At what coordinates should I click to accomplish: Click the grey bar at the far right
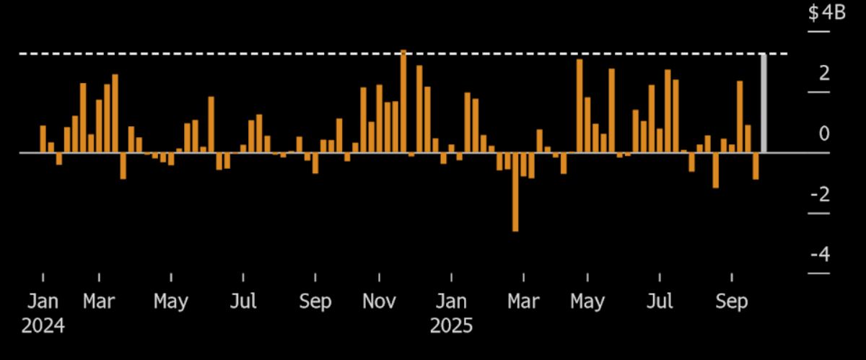click(764, 103)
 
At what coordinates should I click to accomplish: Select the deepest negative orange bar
click(515, 191)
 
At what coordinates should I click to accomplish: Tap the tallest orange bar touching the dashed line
click(403, 101)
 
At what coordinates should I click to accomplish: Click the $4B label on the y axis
click(826, 14)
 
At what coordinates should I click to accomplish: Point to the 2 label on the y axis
click(824, 74)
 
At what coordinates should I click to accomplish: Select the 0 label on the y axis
click(824, 134)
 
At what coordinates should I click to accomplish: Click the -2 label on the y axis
click(821, 195)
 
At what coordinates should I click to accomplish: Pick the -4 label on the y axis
click(821, 255)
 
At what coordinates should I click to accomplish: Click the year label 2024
click(43, 326)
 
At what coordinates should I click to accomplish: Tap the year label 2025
click(451, 326)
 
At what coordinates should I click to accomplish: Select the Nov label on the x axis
click(379, 301)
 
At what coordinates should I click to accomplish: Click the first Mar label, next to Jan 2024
click(99, 301)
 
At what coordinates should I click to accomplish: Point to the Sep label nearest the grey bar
click(732, 301)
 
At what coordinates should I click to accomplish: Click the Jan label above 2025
click(451, 301)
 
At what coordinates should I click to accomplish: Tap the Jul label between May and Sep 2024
click(244, 301)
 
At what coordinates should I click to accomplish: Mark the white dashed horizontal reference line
click(216, 53)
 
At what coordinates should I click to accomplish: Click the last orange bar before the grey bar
click(756, 165)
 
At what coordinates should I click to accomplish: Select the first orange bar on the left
click(43, 139)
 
